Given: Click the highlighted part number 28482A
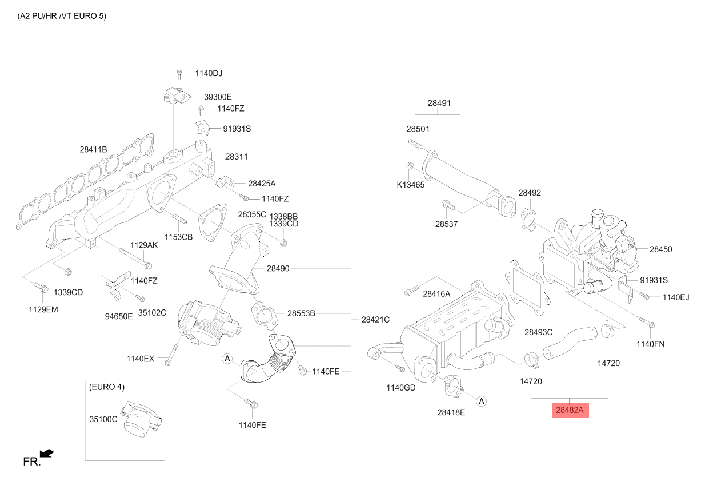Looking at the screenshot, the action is pyautogui.click(x=570, y=410).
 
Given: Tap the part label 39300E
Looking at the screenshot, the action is pyautogui.click(x=218, y=97).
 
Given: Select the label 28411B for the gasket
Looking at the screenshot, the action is pyautogui.click(x=93, y=149).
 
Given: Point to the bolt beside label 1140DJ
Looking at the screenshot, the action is pyautogui.click(x=179, y=75).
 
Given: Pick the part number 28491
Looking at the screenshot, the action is pyautogui.click(x=439, y=103).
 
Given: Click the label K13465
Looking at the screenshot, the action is pyautogui.click(x=411, y=185).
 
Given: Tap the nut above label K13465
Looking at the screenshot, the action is pyautogui.click(x=410, y=165).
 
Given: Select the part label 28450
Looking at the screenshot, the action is pyautogui.click(x=661, y=249).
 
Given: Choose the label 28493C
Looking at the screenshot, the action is pyautogui.click(x=538, y=332).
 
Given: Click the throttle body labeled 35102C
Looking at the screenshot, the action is pyautogui.click(x=209, y=323).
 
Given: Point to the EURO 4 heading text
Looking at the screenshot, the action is pyautogui.click(x=107, y=387).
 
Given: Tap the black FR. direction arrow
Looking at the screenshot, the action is pyautogui.click(x=47, y=454).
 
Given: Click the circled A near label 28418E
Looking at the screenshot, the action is pyautogui.click(x=482, y=402).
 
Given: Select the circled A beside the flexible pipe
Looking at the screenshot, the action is pyautogui.click(x=227, y=359).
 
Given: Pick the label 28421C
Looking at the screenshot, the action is pyautogui.click(x=375, y=320).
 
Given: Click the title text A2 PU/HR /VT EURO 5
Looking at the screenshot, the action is pyautogui.click(x=62, y=16).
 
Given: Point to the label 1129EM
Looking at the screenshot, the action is pyautogui.click(x=43, y=309).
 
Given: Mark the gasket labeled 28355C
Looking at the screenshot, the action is pyautogui.click(x=213, y=222).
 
